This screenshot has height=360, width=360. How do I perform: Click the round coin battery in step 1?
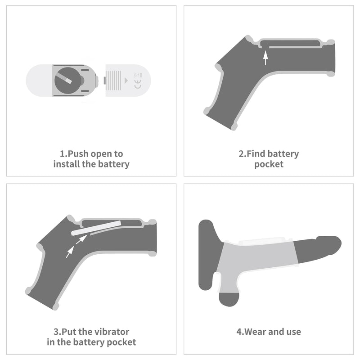68,81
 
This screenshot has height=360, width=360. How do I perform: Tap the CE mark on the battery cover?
138,84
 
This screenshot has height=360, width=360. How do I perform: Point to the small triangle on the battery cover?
126,81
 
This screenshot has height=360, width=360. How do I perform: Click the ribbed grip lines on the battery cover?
114,81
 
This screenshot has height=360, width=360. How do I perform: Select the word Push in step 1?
78,153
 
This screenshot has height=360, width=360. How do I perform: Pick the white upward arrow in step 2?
265,58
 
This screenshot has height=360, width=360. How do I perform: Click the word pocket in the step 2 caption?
269,164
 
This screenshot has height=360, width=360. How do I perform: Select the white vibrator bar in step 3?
96,228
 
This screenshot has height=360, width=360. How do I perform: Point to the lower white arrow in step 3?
70,252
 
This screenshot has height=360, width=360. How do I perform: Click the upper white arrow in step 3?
81,239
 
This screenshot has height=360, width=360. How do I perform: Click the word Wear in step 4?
255,332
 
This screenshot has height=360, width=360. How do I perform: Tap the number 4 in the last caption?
239,332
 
